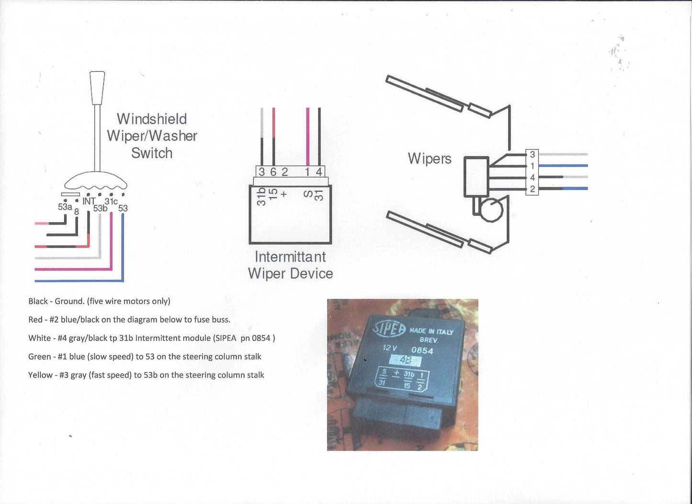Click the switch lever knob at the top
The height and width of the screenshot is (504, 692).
97,87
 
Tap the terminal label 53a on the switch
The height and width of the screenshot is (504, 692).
65,207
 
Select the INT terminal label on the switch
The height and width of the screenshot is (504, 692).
89,201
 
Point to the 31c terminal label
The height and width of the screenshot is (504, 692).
111,201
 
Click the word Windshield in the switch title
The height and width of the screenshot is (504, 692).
152,119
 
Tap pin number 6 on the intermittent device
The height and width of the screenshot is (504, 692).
273,172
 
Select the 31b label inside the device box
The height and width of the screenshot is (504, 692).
261,197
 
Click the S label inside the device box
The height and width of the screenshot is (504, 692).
308,194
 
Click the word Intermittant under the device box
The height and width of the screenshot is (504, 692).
290,257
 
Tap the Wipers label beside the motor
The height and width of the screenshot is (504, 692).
430,159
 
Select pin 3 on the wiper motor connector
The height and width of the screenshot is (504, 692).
533,154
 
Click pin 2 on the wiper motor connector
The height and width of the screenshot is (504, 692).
533,189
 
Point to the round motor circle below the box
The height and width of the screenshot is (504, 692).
491,210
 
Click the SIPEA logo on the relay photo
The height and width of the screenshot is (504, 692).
389,329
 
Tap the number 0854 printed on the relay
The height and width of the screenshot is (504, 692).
422,351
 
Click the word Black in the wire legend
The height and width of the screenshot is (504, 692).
38,301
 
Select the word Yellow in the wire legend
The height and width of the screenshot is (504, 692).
40,375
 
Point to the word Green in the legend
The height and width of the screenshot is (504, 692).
39,357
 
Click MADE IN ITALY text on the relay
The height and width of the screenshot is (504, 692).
431,331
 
